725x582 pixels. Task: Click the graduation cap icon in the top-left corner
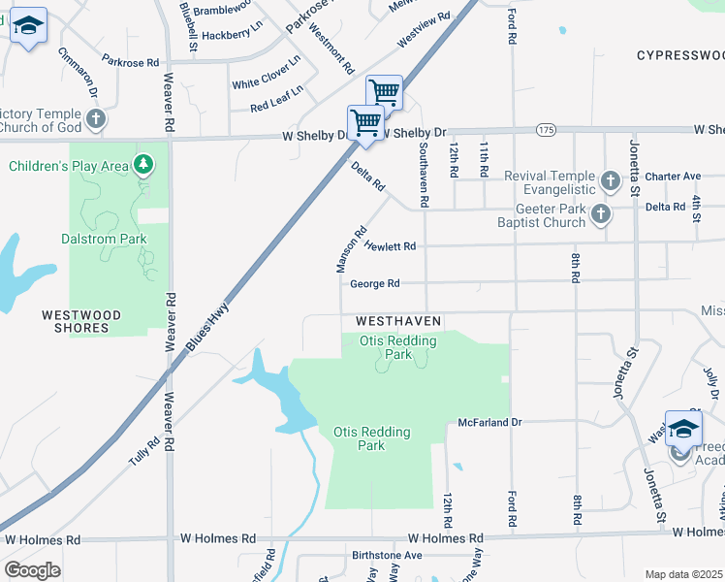click(28, 26)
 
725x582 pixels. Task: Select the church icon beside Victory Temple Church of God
click(95, 119)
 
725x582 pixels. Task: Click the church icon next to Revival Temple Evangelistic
click(610, 180)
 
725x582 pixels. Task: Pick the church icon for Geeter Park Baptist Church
click(600, 214)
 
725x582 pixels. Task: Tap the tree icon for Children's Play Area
click(143, 165)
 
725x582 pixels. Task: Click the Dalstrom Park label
click(105, 239)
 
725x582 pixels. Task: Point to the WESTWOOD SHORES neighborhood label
click(81, 321)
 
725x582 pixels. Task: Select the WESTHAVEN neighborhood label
click(398, 320)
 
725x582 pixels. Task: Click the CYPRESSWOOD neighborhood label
click(680, 55)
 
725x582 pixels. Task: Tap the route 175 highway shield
click(547, 129)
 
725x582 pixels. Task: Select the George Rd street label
click(375, 284)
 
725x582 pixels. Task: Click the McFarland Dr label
click(489, 422)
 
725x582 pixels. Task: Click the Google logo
click(33, 570)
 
